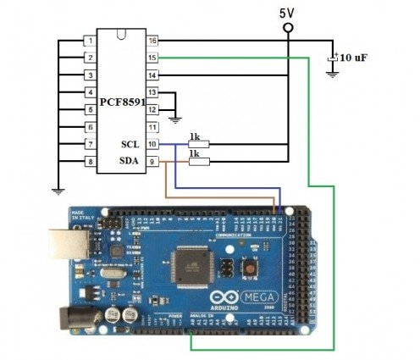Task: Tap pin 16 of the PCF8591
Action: tap(152, 41)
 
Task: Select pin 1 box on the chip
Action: tap(89, 41)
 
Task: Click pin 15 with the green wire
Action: tap(152, 58)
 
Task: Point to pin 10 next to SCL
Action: tap(152, 145)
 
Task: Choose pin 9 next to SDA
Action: tap(152, 162)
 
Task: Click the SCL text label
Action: tap(130, 145)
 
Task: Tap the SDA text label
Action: tap(130, 162)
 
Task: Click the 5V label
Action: tap(289, 12)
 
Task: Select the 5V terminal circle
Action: tap(289, 28)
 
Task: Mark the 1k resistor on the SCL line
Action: tap(198, 145)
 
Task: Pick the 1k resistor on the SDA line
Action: tap(198, 162)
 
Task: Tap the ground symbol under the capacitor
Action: tap(334, 75)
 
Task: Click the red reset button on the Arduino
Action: tap(251, 269)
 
